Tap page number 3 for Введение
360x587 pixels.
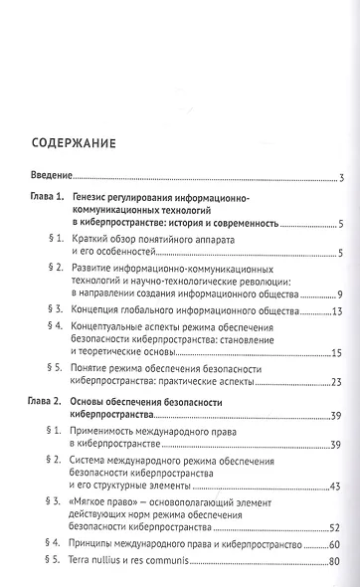(340, 179)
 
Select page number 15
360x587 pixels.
(337, 353)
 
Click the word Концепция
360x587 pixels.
(105, 312)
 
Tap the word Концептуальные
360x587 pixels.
(123, 326)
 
